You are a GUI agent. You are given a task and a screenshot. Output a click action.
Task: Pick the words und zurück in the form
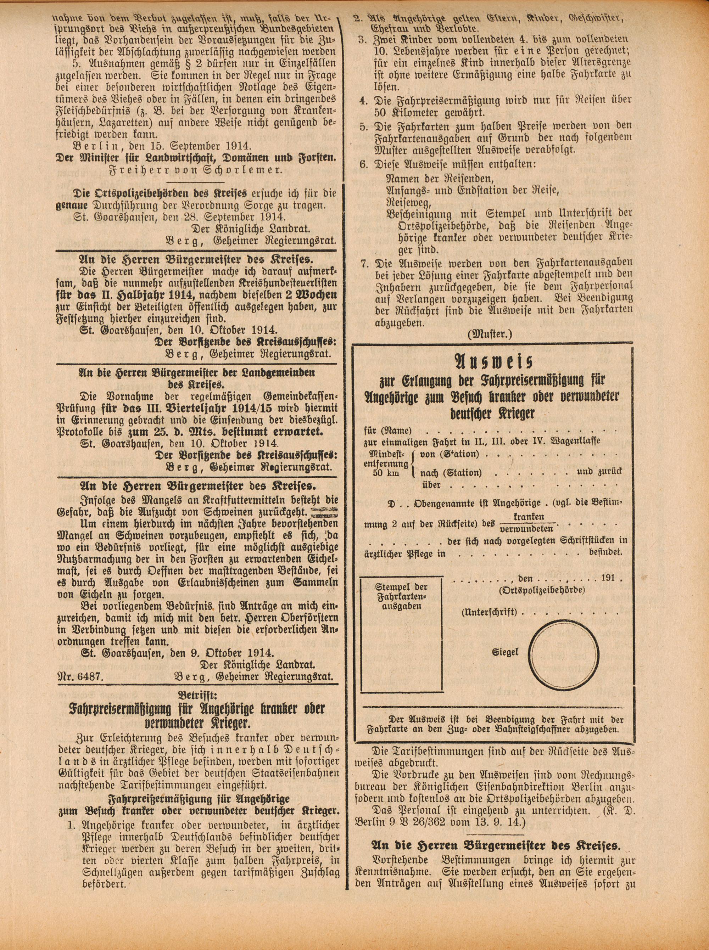coord(599,472)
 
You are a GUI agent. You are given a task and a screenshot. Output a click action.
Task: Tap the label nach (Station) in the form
coord(451,473)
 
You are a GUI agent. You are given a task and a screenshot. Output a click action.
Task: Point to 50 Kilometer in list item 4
coord(411,113)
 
